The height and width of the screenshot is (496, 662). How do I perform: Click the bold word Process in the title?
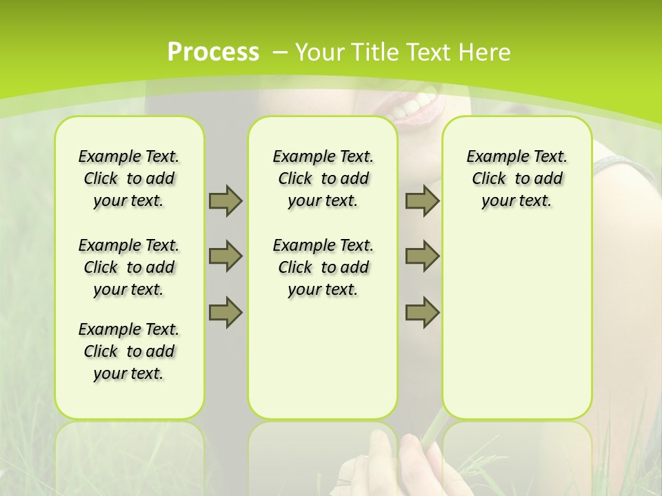213,52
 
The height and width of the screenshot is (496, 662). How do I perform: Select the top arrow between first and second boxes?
225,200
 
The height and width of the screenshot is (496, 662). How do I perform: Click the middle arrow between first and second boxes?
225,256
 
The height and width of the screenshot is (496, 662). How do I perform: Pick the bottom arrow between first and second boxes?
225,311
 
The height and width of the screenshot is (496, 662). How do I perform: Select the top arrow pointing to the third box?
422,200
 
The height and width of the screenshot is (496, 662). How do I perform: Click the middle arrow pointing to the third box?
422,256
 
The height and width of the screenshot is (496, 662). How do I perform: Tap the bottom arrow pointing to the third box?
422,311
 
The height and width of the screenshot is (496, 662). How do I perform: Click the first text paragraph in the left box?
129,178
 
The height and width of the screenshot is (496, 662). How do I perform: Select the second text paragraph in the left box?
129,267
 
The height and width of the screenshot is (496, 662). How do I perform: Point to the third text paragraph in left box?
129,351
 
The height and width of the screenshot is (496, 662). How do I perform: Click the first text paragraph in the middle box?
323,178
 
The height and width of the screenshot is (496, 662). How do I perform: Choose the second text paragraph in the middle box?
323,267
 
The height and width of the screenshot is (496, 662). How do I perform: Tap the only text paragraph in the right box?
517,178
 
